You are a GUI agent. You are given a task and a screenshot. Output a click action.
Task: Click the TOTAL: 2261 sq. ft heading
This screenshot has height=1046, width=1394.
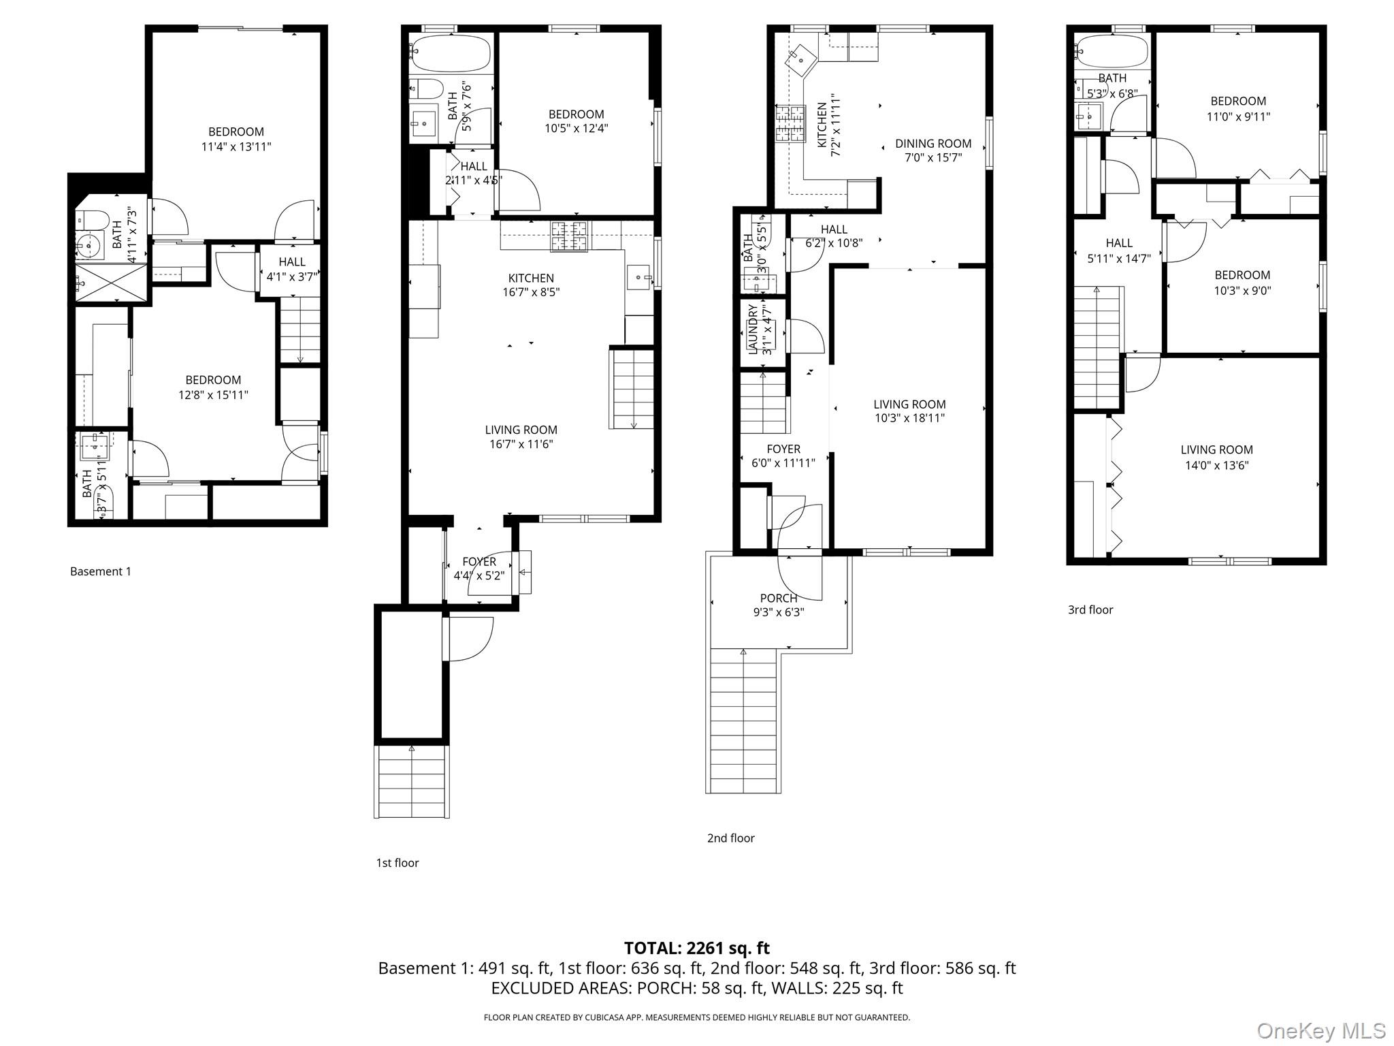[696, 948]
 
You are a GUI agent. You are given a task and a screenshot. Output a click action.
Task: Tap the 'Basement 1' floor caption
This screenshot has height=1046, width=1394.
[101, 571]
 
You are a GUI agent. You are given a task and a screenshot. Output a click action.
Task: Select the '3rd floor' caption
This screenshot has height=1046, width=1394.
[1090, 609]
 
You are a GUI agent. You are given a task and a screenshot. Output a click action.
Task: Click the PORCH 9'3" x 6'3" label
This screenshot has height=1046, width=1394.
[779, 605]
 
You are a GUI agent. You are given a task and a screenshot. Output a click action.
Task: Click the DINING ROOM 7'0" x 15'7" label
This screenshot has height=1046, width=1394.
[933, 150]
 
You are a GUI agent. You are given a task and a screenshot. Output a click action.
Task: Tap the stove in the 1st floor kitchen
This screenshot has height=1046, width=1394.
[569, 236]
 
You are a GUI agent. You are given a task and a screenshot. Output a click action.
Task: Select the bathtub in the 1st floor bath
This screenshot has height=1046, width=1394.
[451, 53]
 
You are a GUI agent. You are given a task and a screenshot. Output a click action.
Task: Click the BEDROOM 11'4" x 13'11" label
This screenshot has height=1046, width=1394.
[236, 139]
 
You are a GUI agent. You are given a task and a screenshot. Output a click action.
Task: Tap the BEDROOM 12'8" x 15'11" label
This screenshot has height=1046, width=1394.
[213, 387]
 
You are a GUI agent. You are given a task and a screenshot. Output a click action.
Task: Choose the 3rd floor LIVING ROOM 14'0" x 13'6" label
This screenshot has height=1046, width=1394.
[1216, 457]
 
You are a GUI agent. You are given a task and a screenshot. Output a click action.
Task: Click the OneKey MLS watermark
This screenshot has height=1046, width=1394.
[1320, 1030]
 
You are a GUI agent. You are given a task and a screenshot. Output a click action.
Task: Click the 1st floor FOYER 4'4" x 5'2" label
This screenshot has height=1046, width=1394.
[479, 568]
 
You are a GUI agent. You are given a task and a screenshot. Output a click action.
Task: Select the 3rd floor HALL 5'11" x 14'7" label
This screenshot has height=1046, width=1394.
[1119, 250]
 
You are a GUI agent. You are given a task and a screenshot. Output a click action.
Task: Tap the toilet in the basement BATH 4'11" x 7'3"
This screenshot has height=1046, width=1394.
[94, 220]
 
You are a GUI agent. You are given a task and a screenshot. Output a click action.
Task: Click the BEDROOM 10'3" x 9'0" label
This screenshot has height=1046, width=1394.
[1242, 283]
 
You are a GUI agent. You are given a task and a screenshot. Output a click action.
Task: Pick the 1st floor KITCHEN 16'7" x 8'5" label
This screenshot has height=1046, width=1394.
[531, 285]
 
